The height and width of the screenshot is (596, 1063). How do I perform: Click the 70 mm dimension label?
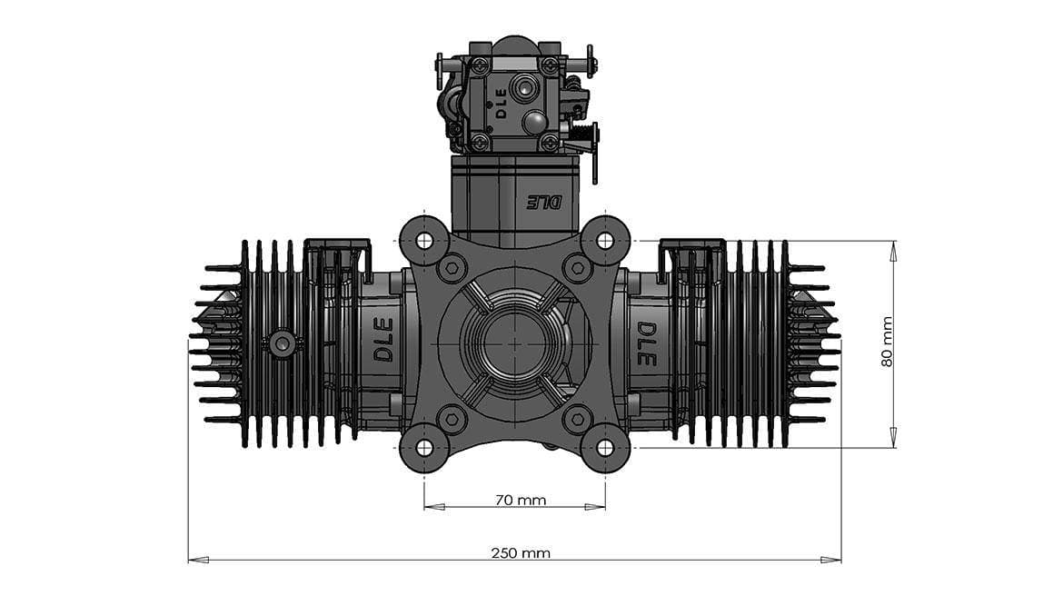click(521, 500)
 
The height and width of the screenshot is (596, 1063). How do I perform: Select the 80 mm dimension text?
click(888, 342)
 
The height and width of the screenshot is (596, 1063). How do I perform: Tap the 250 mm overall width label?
click(521, 552)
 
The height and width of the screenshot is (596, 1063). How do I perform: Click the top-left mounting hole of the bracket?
click(423, 241)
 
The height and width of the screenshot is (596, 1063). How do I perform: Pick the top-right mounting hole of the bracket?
click(605, 241)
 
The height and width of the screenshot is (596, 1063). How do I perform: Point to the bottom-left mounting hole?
click(423, 447)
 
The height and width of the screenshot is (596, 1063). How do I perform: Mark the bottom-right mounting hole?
click(605, 447)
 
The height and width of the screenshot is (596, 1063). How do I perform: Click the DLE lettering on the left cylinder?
click(383, 339)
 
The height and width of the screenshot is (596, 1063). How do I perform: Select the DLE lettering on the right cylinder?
click(646, 343)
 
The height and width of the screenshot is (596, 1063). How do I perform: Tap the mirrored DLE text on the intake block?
click(545, 202)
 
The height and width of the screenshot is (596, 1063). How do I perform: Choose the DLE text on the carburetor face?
click(501, 103)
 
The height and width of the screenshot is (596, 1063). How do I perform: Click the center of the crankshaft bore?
click(514, 343)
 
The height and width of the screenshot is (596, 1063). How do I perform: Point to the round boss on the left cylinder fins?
click(282, 343)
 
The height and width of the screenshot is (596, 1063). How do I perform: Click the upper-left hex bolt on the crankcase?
click(452, 268)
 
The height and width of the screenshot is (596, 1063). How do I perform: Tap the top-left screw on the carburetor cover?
click(480, 66)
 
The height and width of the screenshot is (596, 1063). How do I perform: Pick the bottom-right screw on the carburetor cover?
click(550, 142)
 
